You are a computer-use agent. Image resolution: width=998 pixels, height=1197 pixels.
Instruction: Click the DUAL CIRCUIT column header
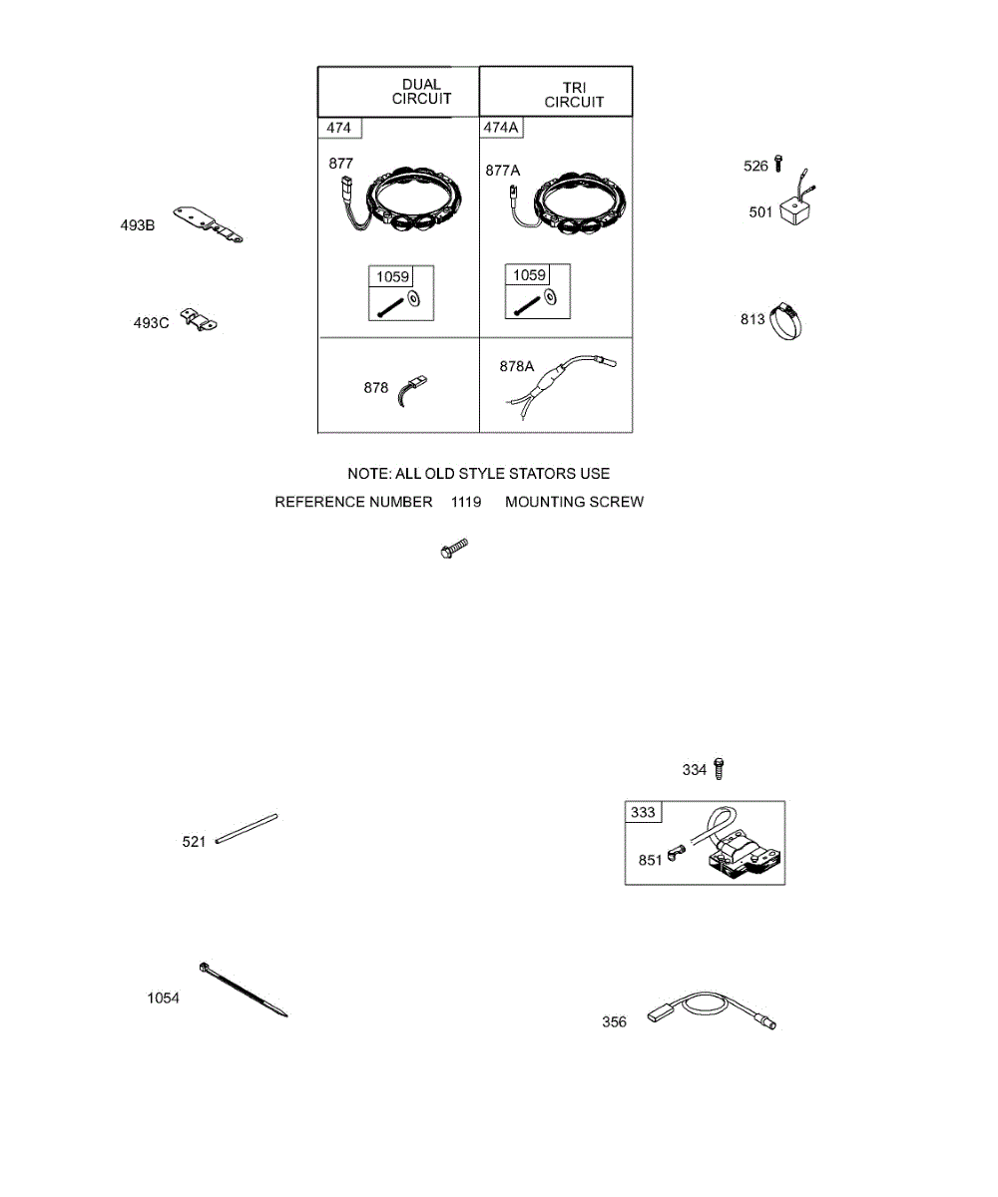point(420,92)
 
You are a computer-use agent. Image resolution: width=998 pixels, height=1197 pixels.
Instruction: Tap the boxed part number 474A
point(502,128)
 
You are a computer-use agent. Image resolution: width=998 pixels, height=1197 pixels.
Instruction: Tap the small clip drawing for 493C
point(200,320)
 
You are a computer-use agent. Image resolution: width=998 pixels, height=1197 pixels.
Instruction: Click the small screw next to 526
point(778,164)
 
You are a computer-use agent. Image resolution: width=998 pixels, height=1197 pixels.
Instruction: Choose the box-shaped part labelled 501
point(798,210)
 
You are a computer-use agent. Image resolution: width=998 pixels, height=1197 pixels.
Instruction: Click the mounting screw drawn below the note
point(454,548)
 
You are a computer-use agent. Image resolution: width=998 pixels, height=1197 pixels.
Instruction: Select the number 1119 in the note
point(466,502)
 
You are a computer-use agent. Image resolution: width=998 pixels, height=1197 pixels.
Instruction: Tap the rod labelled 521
point(246,830)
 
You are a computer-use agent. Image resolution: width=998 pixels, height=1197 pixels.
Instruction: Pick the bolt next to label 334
point(722,769)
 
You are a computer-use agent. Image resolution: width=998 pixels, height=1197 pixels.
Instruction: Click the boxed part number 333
point(644,812)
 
